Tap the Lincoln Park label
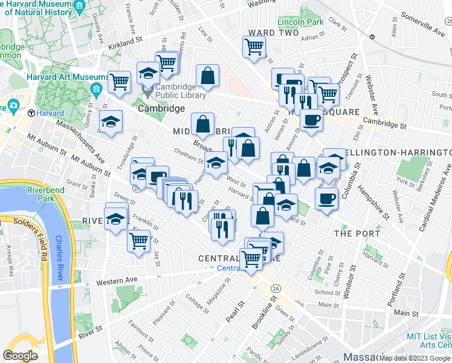[x=297, y=22]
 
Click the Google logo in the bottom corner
[x=20, y=355]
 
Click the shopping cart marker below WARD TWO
[x=254, y=46]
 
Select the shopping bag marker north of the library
[x=207, y=76]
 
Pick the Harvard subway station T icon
[x=31, y=113]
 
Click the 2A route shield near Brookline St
[x=275, y=286]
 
